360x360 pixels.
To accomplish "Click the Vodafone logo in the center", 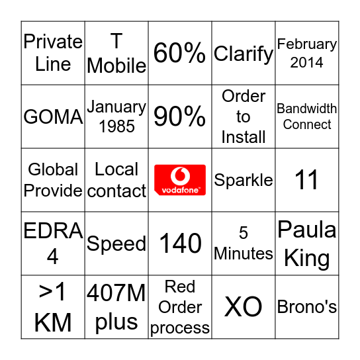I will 180,180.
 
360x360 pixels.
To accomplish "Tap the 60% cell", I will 180,54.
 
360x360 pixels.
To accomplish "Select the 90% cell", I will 180,117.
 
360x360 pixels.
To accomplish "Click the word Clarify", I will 244,54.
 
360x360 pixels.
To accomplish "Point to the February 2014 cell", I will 307,54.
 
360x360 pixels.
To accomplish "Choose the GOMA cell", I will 53,117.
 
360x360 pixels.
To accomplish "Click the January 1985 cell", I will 116,116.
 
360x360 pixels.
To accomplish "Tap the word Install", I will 244,137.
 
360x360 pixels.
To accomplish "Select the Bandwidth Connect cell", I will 307,116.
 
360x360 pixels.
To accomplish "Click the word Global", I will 53,169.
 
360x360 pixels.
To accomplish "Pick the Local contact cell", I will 116,180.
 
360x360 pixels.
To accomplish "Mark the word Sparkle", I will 244,180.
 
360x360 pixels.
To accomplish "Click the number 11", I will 307,180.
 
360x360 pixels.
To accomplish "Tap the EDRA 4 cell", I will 53,244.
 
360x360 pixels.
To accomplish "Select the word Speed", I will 116,244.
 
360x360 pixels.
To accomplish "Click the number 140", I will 180,244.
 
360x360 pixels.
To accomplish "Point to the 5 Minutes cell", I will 244,244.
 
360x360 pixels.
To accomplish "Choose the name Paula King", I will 307,244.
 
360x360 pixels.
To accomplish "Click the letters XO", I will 244,307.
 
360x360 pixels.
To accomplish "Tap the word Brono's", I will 307,307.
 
